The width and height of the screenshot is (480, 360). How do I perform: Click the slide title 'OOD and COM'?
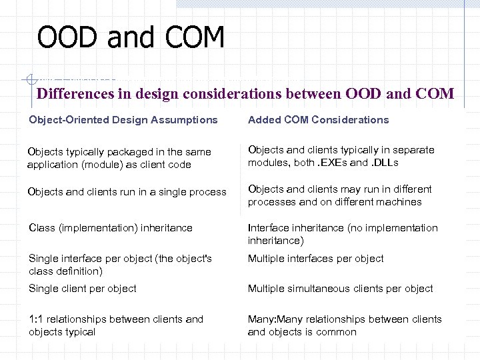coord(131,37)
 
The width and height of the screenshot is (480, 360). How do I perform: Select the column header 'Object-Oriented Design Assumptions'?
coord(123,120)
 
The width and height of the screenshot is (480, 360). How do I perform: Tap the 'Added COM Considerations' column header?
coord(318,120)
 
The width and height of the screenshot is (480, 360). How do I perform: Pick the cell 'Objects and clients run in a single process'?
coord(127,192)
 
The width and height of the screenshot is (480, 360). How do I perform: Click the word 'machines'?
coord(401,202)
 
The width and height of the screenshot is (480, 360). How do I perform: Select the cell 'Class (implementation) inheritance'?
coord(111,228)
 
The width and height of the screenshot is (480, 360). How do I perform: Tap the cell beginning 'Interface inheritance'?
coord(343,234)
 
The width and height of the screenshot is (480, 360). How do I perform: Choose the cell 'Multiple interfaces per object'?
coord(315,259)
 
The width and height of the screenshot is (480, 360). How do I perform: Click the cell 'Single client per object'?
coord(83,289)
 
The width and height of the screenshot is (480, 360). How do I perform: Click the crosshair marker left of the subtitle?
coord(28,79)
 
